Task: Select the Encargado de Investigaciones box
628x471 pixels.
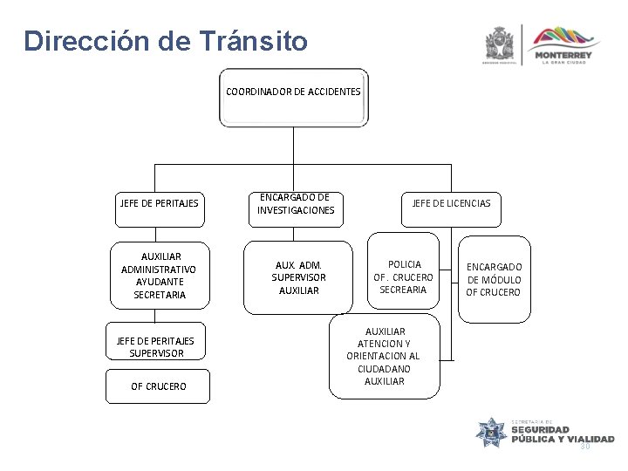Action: click(296, 204)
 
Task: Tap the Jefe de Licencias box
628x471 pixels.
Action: click(451, 203)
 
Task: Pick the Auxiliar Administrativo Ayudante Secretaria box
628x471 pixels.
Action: click(160, 276)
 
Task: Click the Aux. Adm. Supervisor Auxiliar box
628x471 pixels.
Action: click(298, 276)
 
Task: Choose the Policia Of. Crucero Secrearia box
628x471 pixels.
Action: click(403, 276)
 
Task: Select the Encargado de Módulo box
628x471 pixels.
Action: click(495, 279)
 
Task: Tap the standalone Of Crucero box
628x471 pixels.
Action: click(158, 386)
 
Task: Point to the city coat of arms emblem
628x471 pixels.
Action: click(501, 44)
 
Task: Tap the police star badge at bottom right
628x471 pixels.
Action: click(490, 433)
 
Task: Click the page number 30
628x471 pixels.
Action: click(585, 447)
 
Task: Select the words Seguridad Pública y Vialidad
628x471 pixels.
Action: click(562, 433)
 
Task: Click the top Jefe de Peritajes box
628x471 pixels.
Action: click(158, 204)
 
